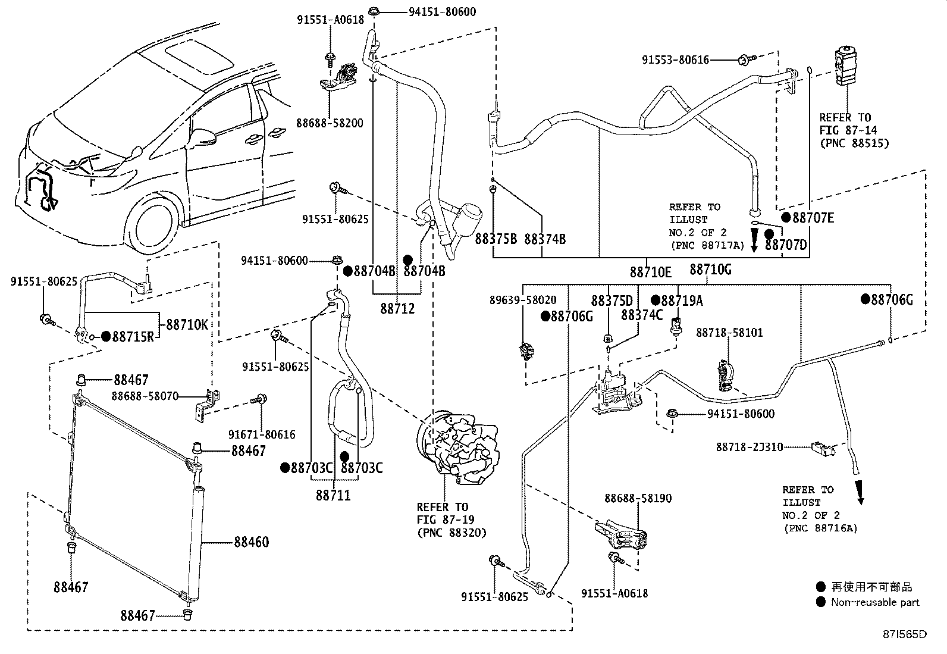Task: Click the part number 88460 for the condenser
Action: [250, 542]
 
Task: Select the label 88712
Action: [397, 309]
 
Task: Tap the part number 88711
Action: [333, 495]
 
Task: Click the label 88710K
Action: [187, 324]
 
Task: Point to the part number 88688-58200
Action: [330, 123]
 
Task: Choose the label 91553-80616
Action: [676, 60]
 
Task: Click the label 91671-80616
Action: [262, 435]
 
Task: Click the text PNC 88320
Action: [452, 533]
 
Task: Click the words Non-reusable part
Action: [875, 602]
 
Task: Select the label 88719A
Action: [682, 301]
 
